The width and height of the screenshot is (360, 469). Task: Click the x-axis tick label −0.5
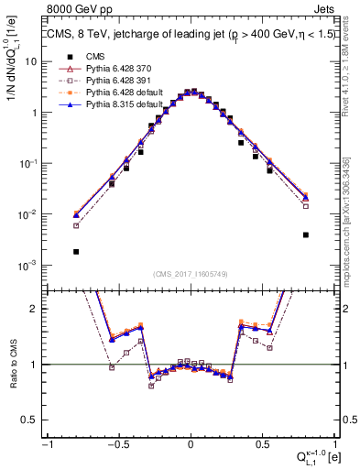coord(117,443)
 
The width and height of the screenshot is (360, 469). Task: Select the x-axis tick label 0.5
coord(262,443)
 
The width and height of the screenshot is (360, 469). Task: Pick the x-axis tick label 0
coord(191,443)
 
